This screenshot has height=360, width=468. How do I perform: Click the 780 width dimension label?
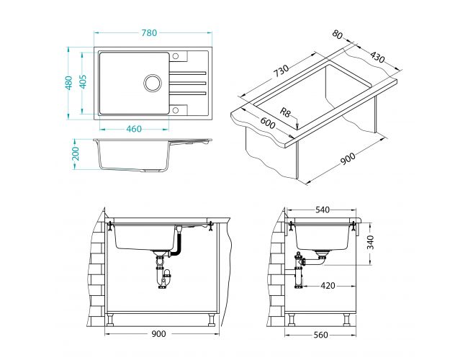pyautogui.click(x=149, y=33)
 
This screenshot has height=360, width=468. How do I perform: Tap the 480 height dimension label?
pyautogui.click(x=69, y=83)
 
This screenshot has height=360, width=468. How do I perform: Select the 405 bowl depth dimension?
pyautogui.click(x=83, y=81)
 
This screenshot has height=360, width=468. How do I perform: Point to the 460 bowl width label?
pyautogui.click(x=134, y=129)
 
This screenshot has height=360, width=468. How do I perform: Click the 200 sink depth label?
pyautogui.click(x=76, y=153)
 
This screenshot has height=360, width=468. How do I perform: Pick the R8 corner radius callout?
pyautogui.click(x=285, y=113)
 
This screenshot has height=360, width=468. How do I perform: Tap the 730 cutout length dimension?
pyautogui.click(x=281, y=71)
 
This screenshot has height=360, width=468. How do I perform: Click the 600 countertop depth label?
pyautogui.click(x=267, y=123)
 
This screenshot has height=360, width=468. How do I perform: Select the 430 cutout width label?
pyautogui.click(x=377, y=57)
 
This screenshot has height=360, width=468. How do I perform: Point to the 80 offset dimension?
pyautogui.click(x=337, y=35)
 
